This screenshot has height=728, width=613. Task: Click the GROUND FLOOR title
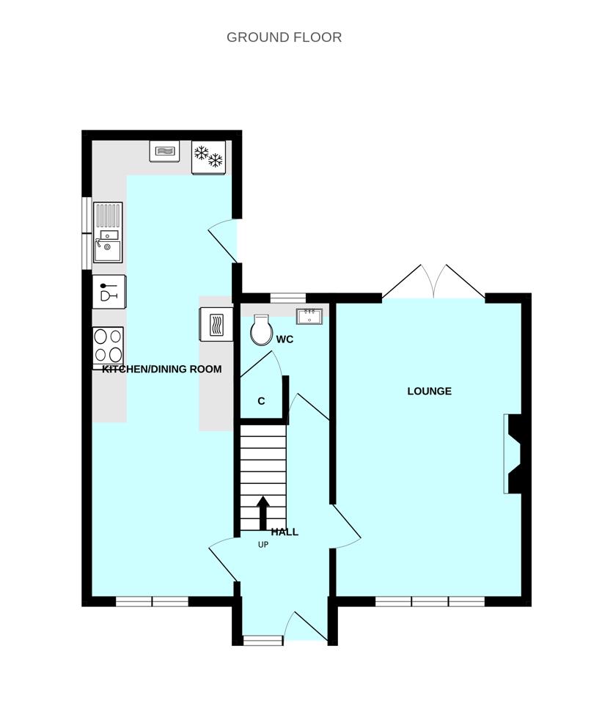(284, 37)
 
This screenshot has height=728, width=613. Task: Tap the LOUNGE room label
(429, 391)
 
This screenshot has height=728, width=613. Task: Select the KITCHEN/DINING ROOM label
(161, 369)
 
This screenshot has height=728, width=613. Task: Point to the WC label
(285, 339)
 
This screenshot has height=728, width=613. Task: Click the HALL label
(285, 532)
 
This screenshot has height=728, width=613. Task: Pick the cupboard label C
(261, 401)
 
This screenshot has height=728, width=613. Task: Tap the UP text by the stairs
(263, 545)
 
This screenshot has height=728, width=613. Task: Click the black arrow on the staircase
(263, 512)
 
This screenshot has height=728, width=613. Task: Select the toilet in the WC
(261, 331)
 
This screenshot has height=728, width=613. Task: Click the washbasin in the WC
(309, 316)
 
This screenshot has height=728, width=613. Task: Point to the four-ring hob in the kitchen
(108, 345)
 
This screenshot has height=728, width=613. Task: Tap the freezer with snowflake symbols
(208, 158)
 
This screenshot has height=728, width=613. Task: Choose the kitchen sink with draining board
(107, 232)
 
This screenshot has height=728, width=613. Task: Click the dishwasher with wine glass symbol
(109, 291)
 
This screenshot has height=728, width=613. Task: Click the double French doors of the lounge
(433, 282)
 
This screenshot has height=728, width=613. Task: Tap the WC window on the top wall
(288, 298)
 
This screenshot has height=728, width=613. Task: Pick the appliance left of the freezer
(164, 150)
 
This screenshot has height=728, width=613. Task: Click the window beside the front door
(263, 641)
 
